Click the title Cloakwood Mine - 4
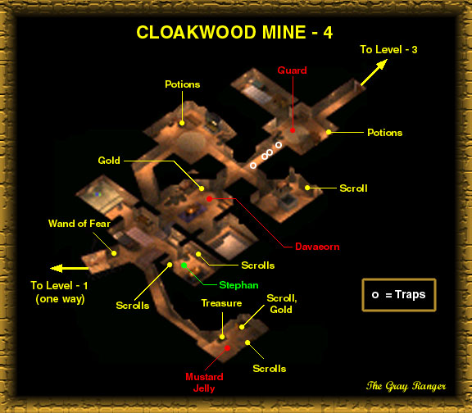tap(234, 32)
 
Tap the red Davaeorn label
tap(317, 247)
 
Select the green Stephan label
tap(238, 285)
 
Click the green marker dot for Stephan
tap(184, 265)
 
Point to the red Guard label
tap(292, 70)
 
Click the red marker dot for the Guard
tap(293, 130)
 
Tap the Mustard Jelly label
tap(204, 383)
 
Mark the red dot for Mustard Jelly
tap(228, 348)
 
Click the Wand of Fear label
tap(79, 224)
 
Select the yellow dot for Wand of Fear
tap(114, 253)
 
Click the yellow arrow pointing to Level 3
tap(374, 73)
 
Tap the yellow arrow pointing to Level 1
tap(69, 268)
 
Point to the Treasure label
tap(221, 303)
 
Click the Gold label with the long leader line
tap(109, 160)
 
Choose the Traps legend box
tap(399, 295)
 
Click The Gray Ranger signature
tap(406, 386)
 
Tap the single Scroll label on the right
tap(353, 188)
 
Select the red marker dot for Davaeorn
tap(209, 198)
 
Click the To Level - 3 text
tap(388, 49)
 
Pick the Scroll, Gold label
tap(281, 304)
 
